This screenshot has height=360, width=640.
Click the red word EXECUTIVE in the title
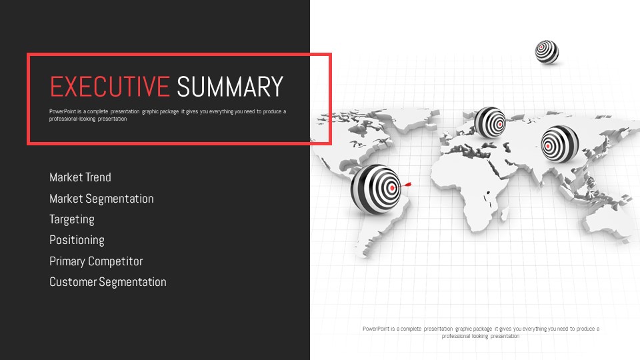[x=109, y=87]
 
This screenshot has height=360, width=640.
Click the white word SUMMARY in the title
[x=230, y=87]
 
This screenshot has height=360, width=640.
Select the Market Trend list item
[x=80, y=177]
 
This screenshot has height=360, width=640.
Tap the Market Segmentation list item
[x=101, y=199]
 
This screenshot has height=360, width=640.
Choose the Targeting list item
[x=72, y=219]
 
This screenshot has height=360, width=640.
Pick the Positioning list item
[x=77, y=241]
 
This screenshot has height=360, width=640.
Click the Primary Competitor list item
[x=96, y=261]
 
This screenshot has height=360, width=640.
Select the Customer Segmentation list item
[x=108, y=282]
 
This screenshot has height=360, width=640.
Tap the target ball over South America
[x=376, y=189]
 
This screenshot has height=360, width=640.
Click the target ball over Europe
[x=490, y=123]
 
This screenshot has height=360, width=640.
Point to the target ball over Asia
[x=559, y=144]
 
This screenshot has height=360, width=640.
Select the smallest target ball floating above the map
[x=547, y=52]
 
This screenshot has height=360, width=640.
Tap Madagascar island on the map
[x=505, y=214]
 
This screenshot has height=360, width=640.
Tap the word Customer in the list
[x=73, y=282]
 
